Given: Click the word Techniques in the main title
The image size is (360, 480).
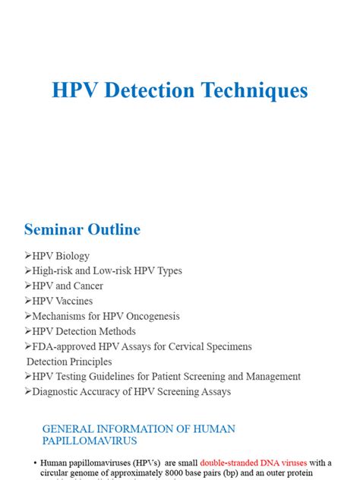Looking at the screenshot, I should (252, 90).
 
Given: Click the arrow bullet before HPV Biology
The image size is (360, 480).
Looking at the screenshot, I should (27, 256).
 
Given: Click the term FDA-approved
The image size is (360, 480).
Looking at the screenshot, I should (67, 346).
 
